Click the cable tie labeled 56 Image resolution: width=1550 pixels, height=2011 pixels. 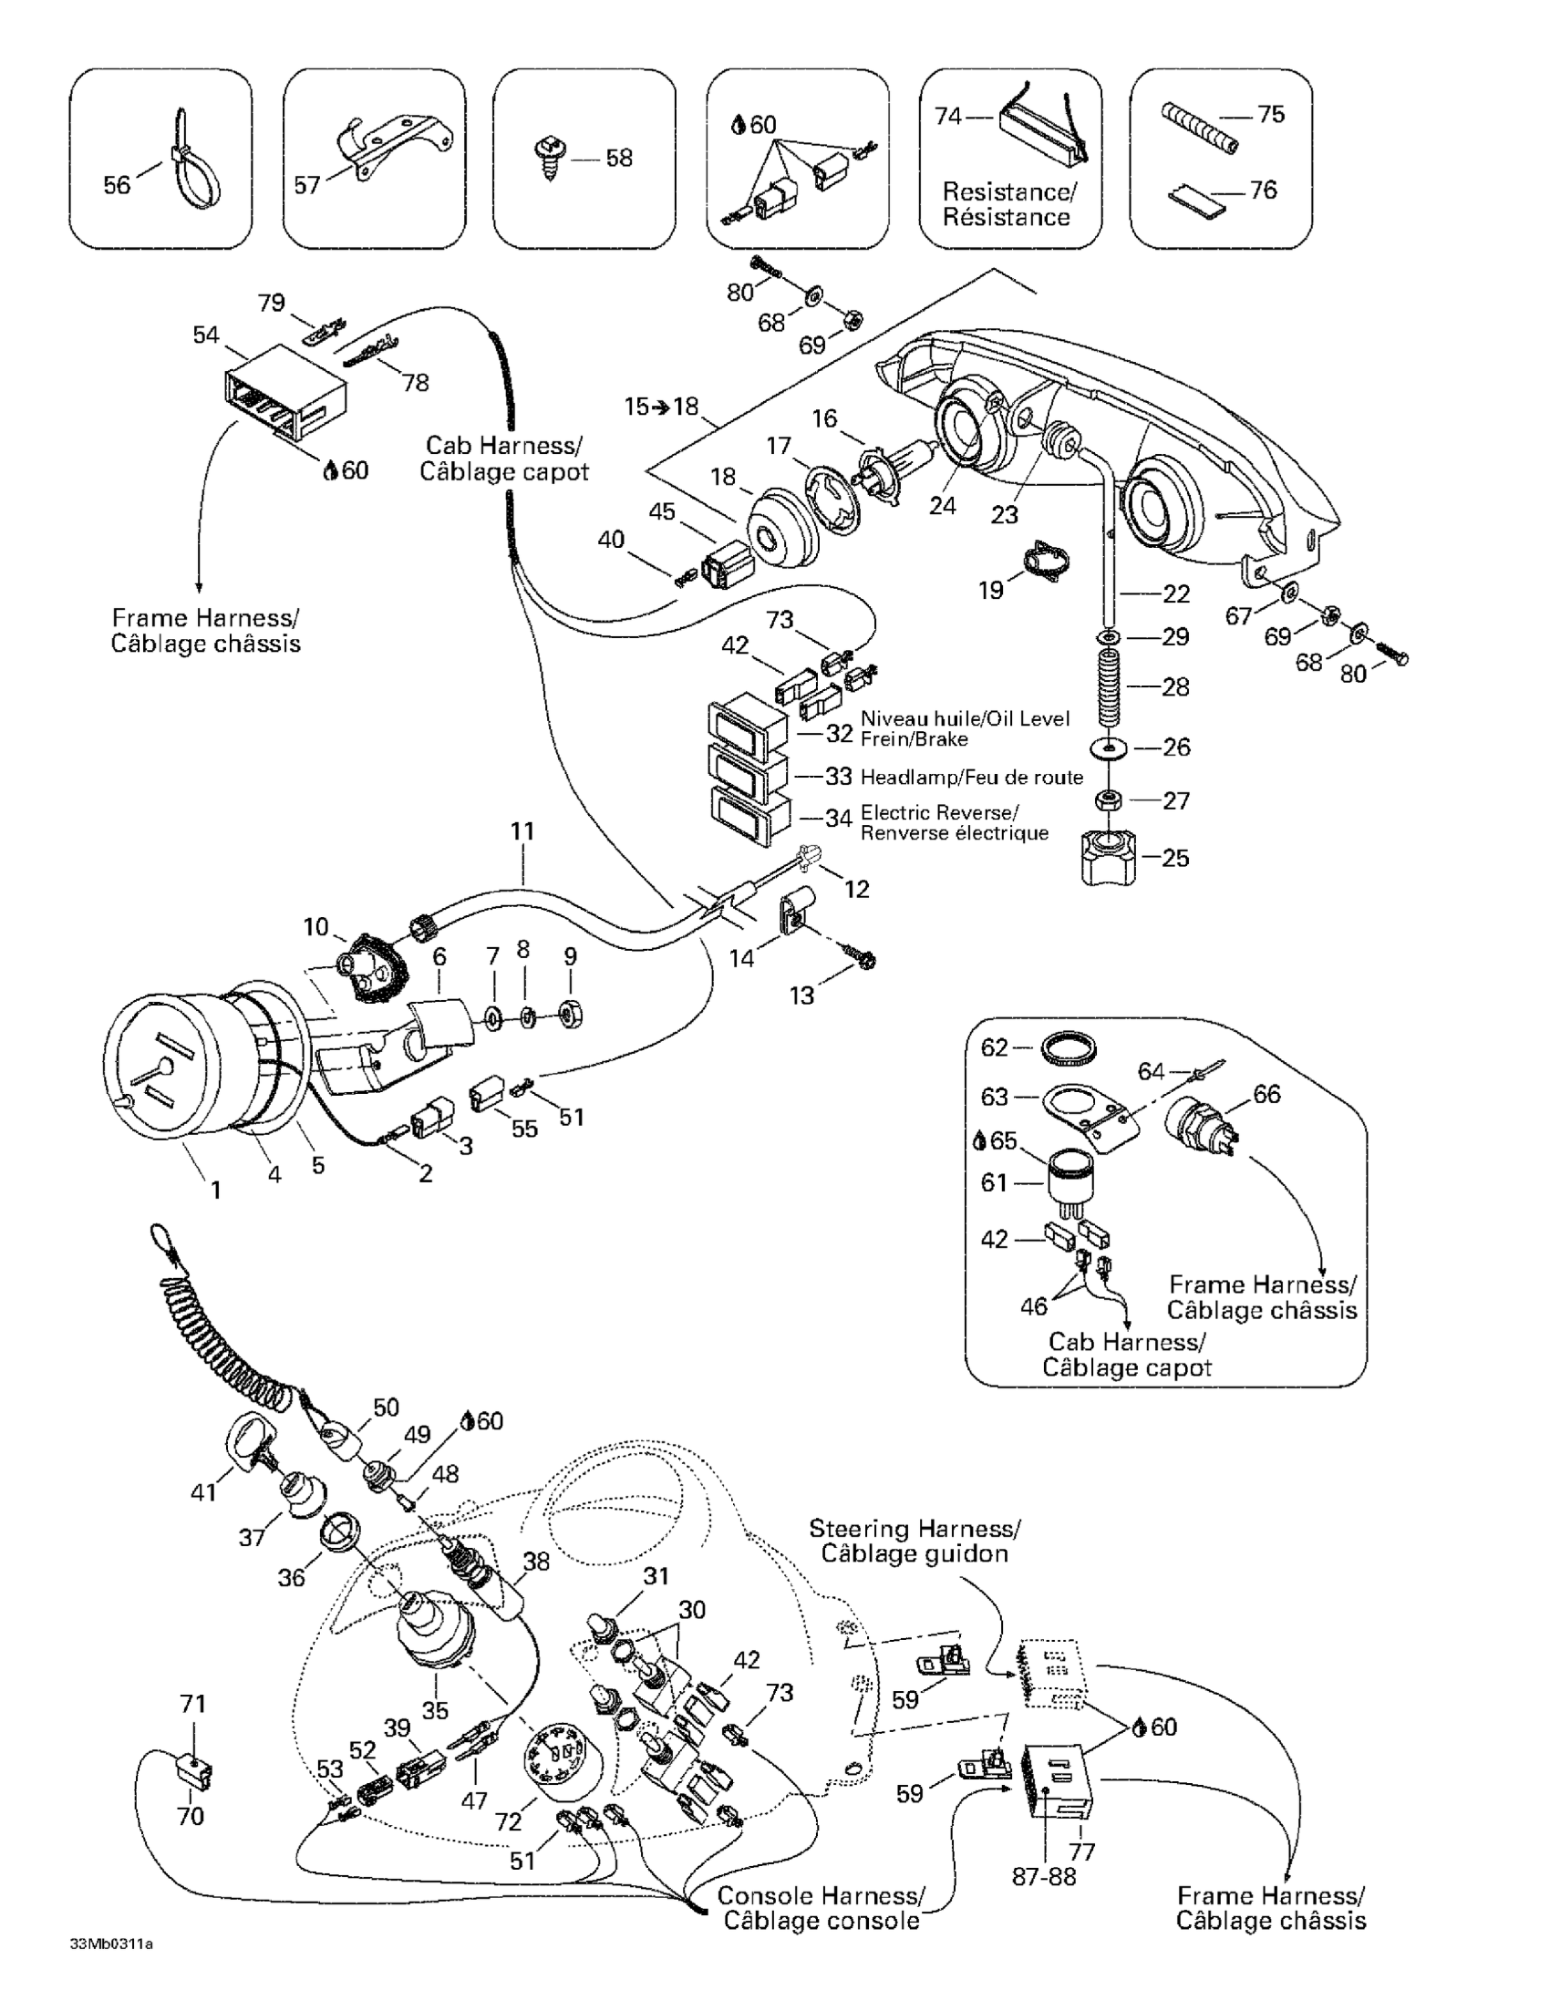coord(196,171)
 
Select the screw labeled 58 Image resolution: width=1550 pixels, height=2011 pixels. coord(551,157)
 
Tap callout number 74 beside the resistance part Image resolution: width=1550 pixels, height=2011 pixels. coord(947,116)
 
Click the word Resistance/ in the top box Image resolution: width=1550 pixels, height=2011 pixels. coord(1008,191)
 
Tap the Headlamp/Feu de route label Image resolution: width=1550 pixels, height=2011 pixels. coord(971,778)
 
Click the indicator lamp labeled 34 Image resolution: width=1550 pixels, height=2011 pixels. coord(749,819)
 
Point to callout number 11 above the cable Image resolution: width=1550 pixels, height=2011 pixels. coord(522,830)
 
